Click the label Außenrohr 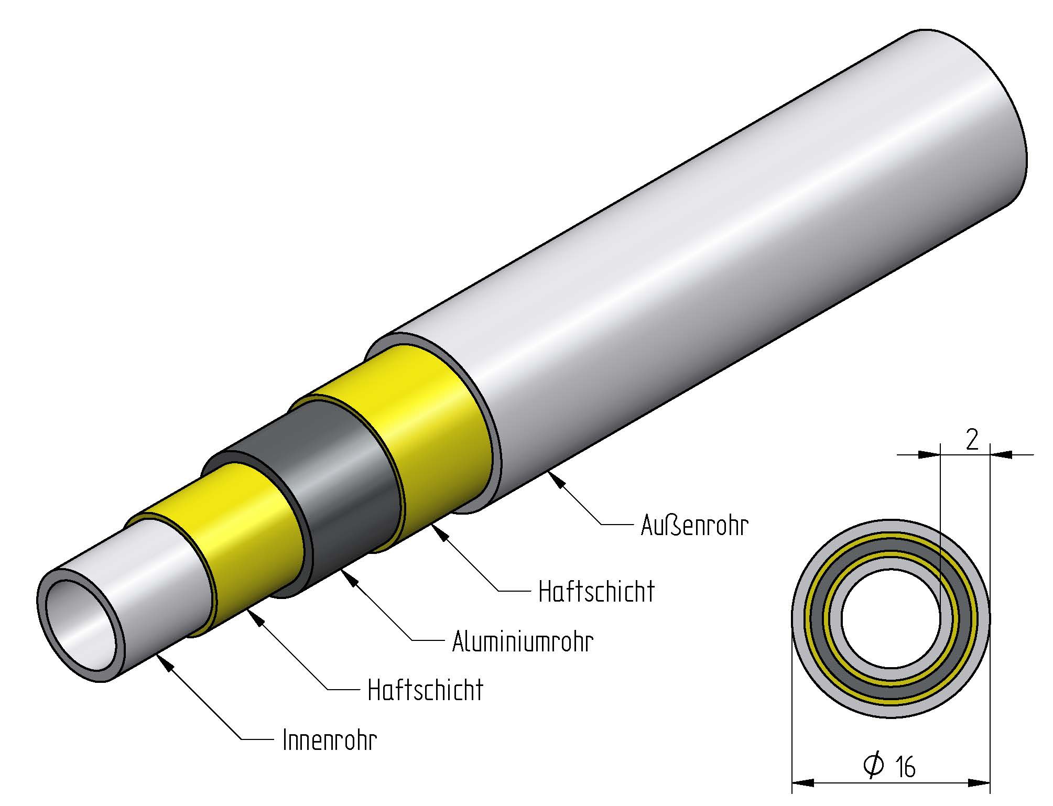(x=694, y=525)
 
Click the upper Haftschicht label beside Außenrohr (x=596, y=592)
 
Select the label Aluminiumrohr (x=523, y=641)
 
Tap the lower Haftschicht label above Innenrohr (x=425, y=690)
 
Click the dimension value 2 (x=971, y=440)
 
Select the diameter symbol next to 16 (x=874, y=766)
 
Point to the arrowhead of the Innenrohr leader (x=167, y=665)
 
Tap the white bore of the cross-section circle (x=891, y=619)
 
